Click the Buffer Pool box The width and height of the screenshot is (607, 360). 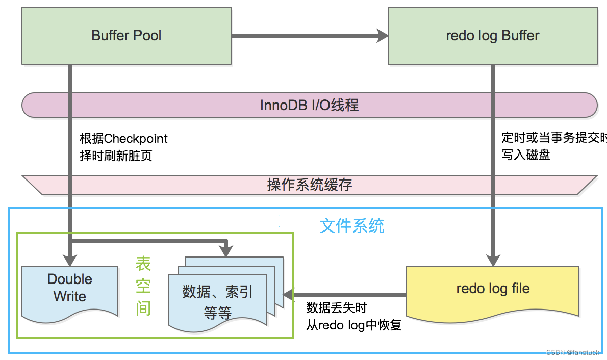point(127,36)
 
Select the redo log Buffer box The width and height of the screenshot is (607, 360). point(492,36)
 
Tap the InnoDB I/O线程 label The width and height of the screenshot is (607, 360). point(309,105)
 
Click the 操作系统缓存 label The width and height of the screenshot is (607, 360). point(309,185)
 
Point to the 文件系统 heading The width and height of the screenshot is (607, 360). point(352,225)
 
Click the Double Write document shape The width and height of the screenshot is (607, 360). point(70,289)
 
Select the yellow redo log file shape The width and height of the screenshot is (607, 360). point(493,290)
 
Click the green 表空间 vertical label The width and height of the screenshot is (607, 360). point(143,286)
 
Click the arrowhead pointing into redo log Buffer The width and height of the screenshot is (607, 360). point(382,36)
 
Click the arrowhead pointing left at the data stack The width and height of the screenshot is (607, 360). point(289,294)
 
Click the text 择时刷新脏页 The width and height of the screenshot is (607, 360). point(116,156)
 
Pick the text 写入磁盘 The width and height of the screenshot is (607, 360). point(525,155)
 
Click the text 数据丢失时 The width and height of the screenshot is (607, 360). point(336,307)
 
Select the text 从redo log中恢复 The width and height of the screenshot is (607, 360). point(354,325)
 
